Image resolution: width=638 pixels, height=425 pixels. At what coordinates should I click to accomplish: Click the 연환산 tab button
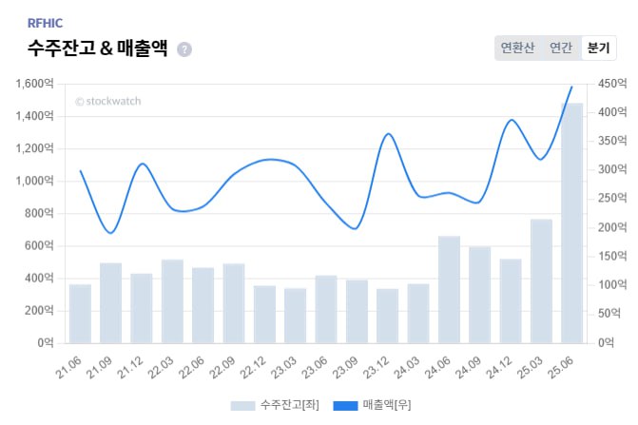click(517, 48)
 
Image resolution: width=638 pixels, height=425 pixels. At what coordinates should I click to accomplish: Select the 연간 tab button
click(560, 48)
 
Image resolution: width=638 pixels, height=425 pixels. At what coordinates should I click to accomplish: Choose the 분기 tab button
click(598, 48)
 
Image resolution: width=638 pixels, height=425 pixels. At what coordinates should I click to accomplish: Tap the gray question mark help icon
click(184, 49)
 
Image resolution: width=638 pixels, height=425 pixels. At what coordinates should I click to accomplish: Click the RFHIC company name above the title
click(47, 22)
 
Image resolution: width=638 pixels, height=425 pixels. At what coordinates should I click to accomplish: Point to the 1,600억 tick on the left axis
click(35, 84)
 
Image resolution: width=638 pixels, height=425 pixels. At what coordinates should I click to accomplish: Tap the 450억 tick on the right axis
click(612, 84)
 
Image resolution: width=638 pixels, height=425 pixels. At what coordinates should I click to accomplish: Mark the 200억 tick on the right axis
click(612, 227)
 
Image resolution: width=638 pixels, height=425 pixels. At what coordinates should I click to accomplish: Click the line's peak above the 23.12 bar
click(388, 133)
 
